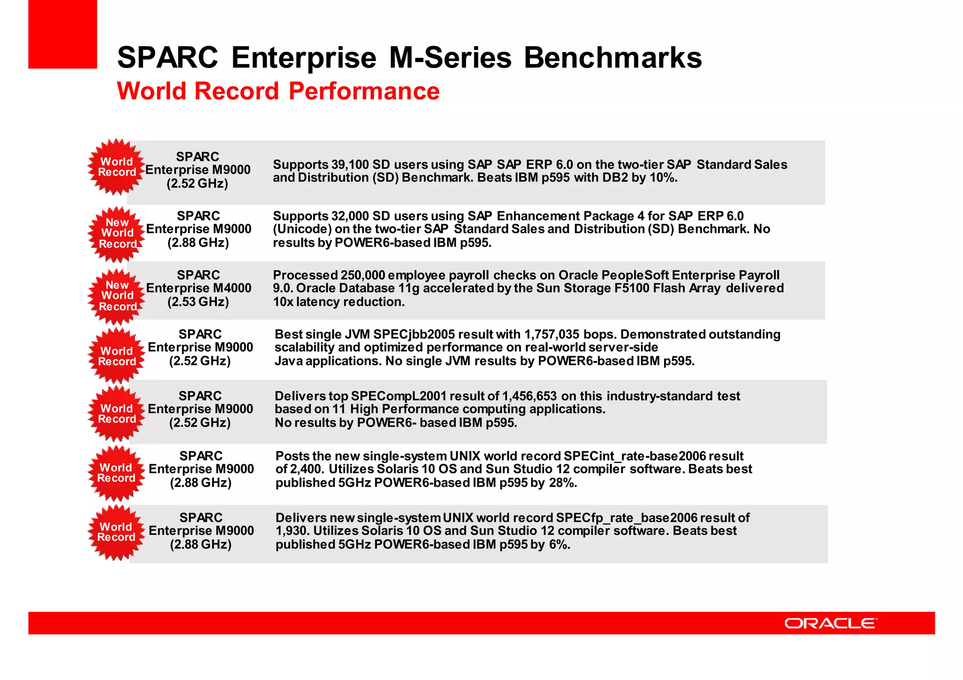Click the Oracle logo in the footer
coord(830,623)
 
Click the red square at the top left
coord(63,34)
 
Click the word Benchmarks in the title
coord(613,57)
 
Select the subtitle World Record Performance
coord(278,91)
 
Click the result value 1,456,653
coord(529,396)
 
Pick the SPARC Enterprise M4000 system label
coord(198,288)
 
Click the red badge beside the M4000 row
coord(117,296)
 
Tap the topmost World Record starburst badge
coord(117,167)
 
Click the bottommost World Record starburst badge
coord(116,532)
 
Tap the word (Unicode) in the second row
coord(302,229)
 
